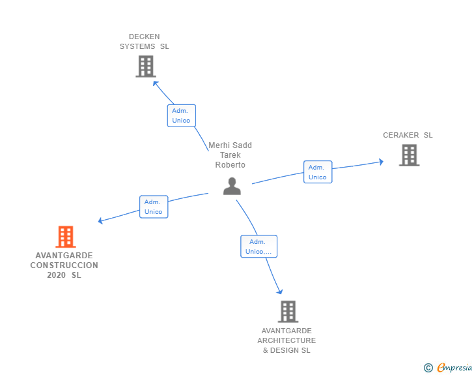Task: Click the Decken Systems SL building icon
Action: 146,67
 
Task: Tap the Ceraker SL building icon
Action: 409,155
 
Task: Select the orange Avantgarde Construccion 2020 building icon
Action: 65,237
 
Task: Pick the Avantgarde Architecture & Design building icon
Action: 288,312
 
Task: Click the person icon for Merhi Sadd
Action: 232,186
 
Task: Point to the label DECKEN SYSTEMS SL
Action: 144,42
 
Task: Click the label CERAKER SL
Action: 408,136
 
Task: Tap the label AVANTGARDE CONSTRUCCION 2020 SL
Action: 64,265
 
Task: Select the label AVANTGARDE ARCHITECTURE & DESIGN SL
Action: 286,340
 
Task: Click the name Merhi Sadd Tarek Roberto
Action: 230,155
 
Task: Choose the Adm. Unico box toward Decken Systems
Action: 181,115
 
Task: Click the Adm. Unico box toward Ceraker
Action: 318,172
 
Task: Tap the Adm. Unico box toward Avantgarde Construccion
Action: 154,207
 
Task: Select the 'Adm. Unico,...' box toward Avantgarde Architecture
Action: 259,247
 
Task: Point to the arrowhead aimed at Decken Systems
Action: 155,83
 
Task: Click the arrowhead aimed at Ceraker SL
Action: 381,161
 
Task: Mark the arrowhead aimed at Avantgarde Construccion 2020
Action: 101,221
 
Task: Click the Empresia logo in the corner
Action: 454,368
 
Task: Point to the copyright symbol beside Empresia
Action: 428,368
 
